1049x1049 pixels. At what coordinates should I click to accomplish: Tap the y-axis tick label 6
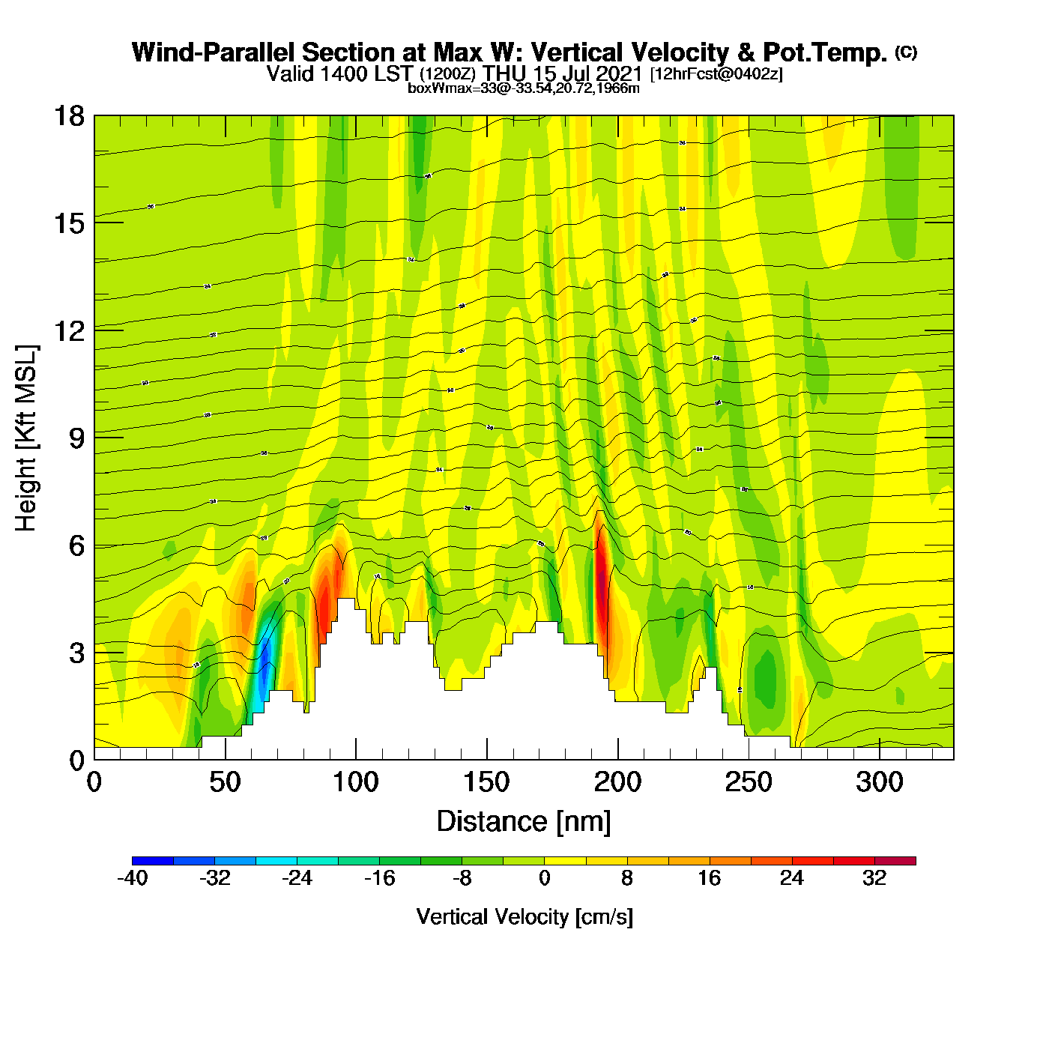pyautogui.click(x=76, y=545)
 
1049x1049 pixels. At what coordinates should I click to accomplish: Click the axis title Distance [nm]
pyautogui.click(x=524, y=822)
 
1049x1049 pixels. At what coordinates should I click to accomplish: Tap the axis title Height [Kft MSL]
pyautogui.click(x=26, y=438)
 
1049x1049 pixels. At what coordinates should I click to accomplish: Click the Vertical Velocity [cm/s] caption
pyautogui.click(x=524, y=917)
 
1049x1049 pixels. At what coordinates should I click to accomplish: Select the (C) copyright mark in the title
pyautogui.click(x=906, y=52)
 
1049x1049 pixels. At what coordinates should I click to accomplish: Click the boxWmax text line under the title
pyautogui.click(x=524, y=88)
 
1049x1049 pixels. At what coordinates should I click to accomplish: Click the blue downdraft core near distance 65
pyautogui.click(x=264, y=663)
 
